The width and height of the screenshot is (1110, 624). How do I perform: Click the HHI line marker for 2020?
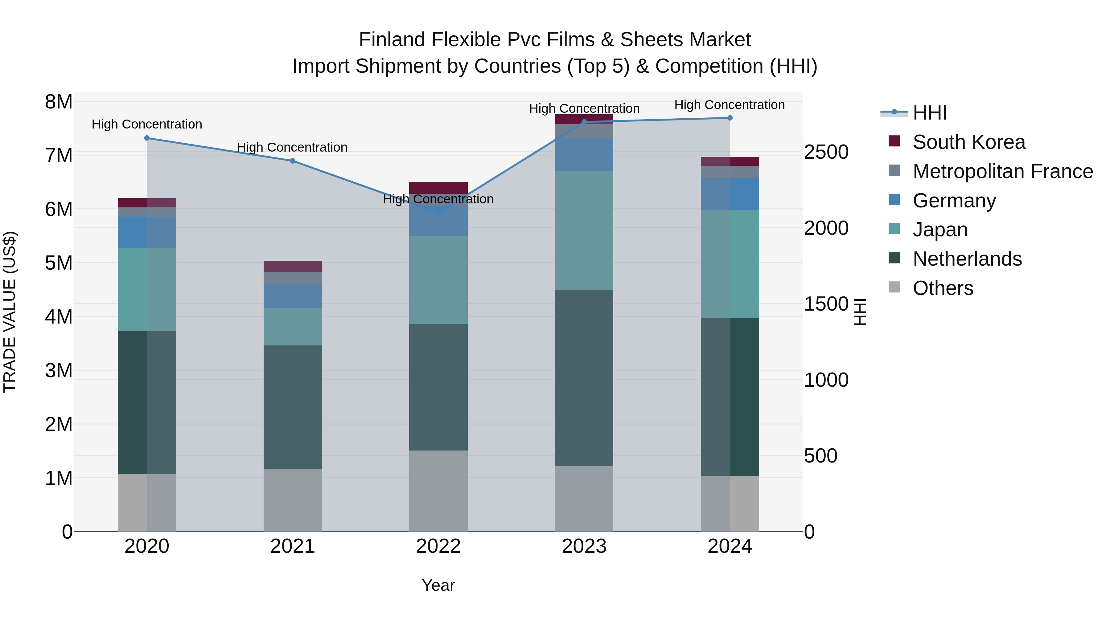147,138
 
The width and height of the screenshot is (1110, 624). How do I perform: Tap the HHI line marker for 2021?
293,161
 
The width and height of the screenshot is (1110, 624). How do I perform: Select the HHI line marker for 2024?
730,118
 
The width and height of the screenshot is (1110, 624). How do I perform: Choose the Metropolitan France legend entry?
1002,171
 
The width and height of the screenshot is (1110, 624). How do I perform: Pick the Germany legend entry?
954,201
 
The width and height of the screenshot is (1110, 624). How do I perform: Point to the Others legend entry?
943,288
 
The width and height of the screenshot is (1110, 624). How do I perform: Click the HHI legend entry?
929,113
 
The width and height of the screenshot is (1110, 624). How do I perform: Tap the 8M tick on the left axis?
59,102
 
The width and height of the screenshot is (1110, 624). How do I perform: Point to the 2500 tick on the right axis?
826,153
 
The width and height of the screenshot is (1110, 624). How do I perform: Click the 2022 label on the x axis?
438,546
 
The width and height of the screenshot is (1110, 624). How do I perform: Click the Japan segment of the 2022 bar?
438,280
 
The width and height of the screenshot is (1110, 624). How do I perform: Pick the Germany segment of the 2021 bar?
293,296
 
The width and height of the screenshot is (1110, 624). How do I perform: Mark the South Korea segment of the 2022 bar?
438,188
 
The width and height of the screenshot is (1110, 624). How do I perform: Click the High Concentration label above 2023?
584,108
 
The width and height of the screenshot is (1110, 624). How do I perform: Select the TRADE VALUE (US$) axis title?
10,312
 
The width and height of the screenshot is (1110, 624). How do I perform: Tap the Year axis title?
438,585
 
